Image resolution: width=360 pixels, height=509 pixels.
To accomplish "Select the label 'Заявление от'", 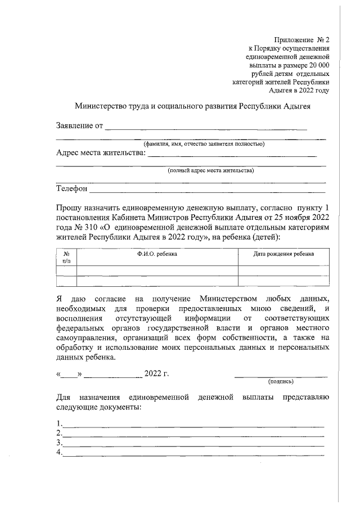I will click(x=79, y=125).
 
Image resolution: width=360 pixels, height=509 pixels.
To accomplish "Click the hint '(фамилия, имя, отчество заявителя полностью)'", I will click(x=204, y=144).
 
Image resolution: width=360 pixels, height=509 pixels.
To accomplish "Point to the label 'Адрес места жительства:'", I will click(x=101, y=152).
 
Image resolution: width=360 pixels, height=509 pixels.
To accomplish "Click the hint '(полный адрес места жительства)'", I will click(x=211, y=170).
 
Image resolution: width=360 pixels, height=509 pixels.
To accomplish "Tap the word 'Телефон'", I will click(x=71, y=188).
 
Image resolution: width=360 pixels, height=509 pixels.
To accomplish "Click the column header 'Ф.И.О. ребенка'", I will click(x=157, y=254).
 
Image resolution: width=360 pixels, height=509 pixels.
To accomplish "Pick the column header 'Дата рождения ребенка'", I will click(x=283, y=254).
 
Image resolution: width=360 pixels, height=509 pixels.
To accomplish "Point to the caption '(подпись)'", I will click(x=281, y=381).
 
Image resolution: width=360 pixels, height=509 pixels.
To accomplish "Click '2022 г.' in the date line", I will click(x=157, y=373).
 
